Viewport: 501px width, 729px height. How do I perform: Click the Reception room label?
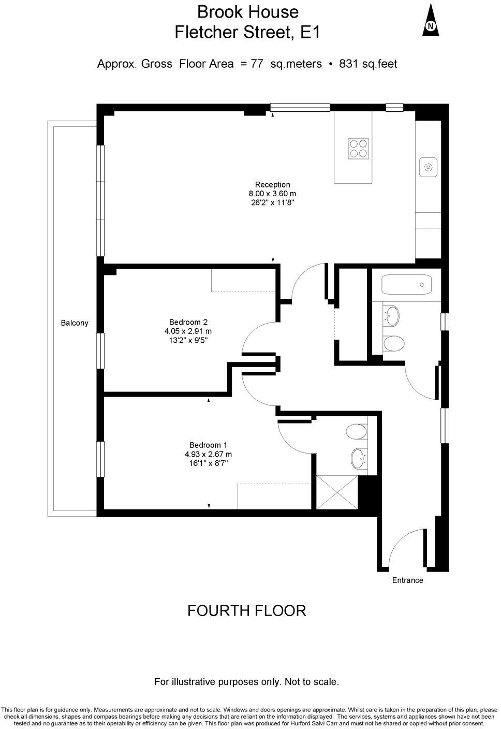272,185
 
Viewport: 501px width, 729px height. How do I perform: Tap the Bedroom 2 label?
188,322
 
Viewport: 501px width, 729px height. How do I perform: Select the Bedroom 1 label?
208,445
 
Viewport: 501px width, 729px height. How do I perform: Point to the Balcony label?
75,323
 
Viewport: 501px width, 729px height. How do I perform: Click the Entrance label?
407,580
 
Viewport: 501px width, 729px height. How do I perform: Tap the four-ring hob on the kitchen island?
358,148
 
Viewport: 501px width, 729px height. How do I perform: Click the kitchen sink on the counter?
429,167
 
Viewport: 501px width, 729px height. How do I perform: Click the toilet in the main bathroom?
394,343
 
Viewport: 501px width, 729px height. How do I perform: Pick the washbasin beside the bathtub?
392,315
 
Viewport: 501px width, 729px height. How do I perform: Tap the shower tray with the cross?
337,492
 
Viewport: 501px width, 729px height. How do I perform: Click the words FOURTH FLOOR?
246,611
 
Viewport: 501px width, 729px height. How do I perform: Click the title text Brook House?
248,12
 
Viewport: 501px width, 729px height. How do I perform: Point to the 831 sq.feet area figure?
368,64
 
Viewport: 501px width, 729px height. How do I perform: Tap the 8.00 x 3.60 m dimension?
272,194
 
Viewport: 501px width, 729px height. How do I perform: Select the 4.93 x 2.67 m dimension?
208,454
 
